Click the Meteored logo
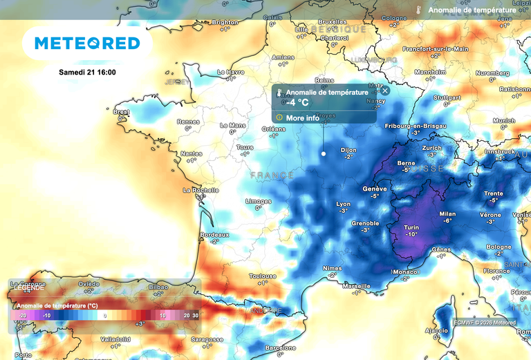[87, 44]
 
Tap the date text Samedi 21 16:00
[87, 73]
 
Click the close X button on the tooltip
[385, 91]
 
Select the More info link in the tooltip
[302, 118]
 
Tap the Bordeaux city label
[214, 235]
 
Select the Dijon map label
[349, 150]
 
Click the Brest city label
[121, 111]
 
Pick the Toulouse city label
[263, 275]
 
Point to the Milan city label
[447, 214]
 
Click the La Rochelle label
[201, 189]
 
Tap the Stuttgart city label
[447, 97]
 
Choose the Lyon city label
[343, 204]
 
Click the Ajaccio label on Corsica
[436, 330]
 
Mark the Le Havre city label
[231, 71]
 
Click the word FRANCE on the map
[272, 176]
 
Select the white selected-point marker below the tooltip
[323, 153]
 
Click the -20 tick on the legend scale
[23, 315]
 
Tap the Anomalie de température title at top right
[472, 10]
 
